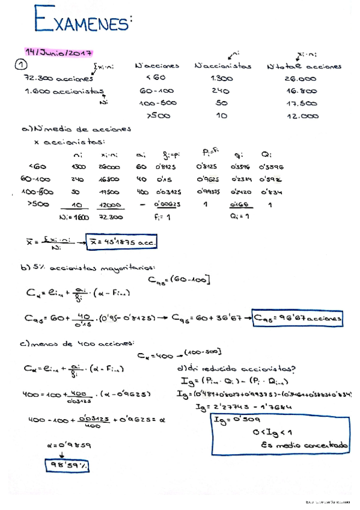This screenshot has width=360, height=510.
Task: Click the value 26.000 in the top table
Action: (x=301, y=79)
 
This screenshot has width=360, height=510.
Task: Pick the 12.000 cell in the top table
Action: (x=302, y=117)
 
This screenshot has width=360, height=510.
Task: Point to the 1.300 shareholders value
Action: (x=222, y=79)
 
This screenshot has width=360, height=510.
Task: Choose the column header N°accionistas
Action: (x=223, y=66)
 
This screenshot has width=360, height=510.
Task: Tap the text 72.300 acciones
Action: (x=58, y=79)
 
